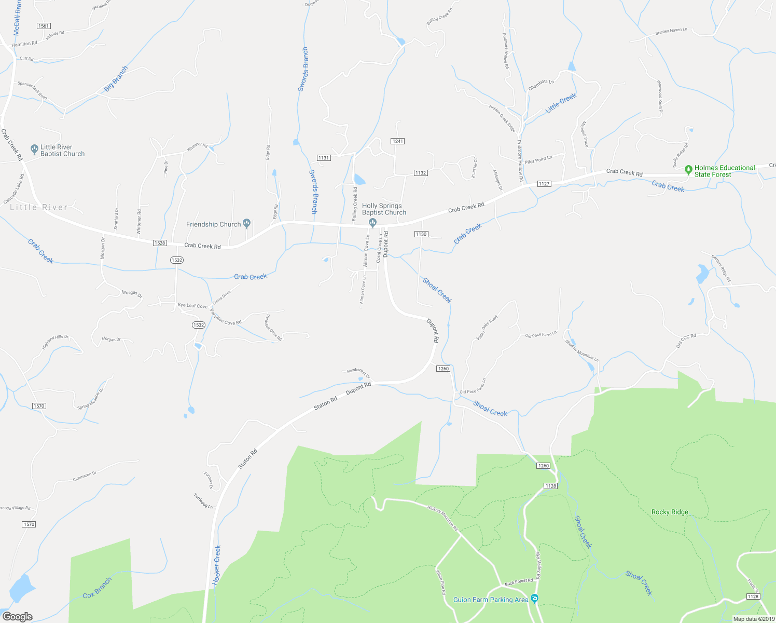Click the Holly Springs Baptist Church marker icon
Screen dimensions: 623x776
point(372,223)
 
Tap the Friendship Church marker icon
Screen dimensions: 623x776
point(247,224)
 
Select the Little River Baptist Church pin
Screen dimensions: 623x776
point(34,150)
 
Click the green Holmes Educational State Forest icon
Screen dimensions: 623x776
point(688,169)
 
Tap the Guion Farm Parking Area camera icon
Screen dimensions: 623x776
point(535,599)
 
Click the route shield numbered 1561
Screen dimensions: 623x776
point(44,26)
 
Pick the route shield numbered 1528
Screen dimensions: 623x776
point(160,243)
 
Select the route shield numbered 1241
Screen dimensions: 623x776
point(398,141)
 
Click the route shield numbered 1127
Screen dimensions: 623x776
point(544,184)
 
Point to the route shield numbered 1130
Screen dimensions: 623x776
point(421,234)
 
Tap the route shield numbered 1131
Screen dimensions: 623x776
point(324,158)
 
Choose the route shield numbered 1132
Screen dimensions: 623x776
point(421,173)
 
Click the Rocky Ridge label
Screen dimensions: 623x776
point(670,512)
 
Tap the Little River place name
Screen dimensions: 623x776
point(39,207)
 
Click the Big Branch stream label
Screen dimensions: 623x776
point(116,79)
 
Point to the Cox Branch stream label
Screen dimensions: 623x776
point(97,588)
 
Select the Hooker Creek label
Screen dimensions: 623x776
point(217,565)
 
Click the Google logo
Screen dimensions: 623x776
point(17,617)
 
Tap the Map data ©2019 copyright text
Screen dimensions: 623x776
point(753,619)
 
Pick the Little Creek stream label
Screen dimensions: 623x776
point(561,103)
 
